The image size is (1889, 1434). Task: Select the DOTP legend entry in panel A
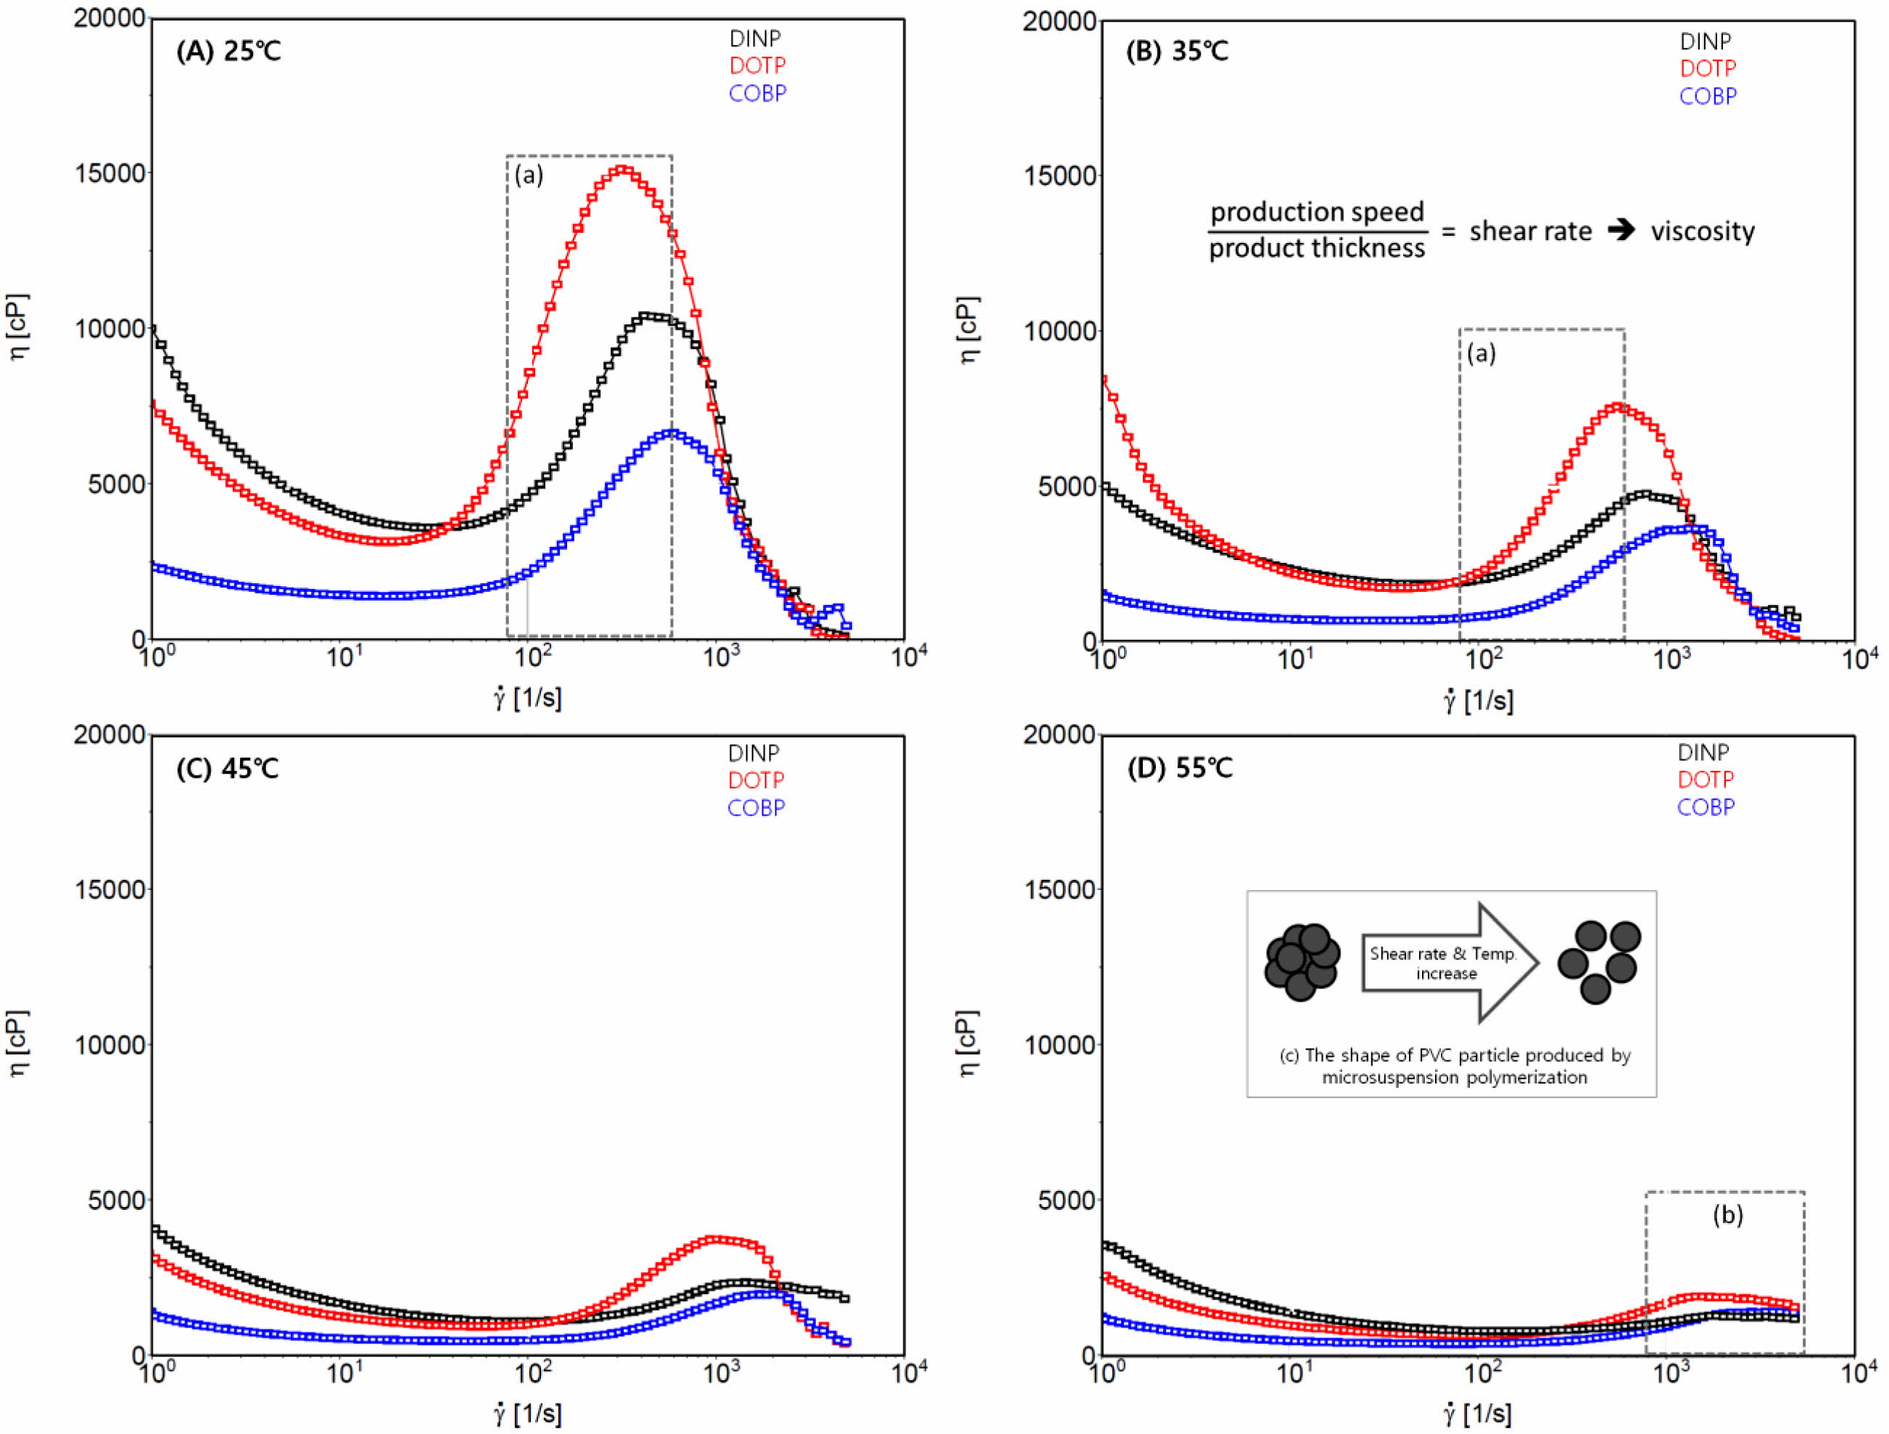(x=758, y=66)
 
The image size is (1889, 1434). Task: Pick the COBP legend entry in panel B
(x=1708, y=96)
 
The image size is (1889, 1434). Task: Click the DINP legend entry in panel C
(x=753, y=754)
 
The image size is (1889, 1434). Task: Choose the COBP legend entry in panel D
(x=1706, y=807)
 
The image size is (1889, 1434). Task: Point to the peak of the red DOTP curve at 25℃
(x=621, y=169)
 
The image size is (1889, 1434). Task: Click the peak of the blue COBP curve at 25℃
(x=671, y=433)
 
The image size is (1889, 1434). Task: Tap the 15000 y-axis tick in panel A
(x=110, y=173)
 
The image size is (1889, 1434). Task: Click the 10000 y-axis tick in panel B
(x=1059, y=331)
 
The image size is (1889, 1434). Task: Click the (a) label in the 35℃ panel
(x=1481, y=353)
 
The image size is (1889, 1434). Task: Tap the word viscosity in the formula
(x=1703, y=231)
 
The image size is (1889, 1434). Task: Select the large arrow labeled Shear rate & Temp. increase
(x=1450, y=963)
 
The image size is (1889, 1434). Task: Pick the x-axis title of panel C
(x=527, y=1414)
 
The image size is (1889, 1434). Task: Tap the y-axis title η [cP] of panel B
(x=970, y=330)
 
